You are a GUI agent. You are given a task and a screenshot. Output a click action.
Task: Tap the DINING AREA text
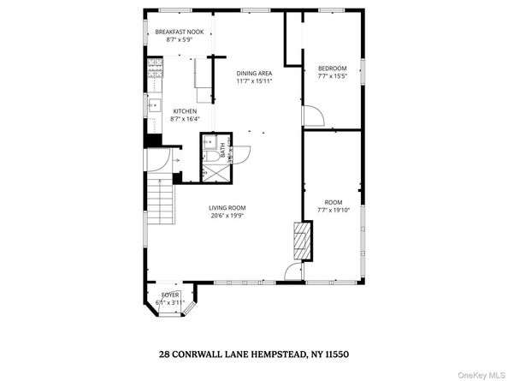click(254, 73)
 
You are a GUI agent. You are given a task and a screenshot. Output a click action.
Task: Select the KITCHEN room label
click(185, 111)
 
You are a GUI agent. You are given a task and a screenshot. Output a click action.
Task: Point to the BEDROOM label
click(332, 68)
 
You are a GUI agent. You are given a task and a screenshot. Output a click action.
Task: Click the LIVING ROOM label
click(227, 208)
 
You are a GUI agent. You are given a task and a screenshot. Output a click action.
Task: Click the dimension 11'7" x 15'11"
click(254, 81)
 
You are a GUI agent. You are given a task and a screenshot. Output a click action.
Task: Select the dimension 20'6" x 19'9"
click(227, 217)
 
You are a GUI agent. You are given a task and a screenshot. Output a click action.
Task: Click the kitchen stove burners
click(155, 73)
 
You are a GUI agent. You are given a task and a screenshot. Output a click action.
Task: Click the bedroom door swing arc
click(313, 117)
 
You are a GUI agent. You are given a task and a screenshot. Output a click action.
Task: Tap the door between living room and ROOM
click(294, 272)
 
